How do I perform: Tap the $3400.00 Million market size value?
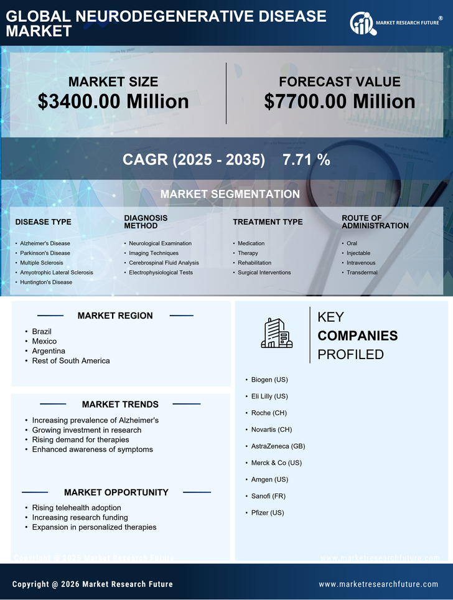coord(113,101)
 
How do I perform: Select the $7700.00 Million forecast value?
coord(339,101)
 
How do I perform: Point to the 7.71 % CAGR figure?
coord(306,159)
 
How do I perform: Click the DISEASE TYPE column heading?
coord(43,222)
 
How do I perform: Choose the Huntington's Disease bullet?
coord(45,282)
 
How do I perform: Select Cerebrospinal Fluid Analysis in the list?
coord(164,263)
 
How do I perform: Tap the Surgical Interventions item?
coord(264,272)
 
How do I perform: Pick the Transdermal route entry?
coord(362,272)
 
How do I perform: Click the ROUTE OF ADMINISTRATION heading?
coord(375,222)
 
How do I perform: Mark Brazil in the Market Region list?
coord(42,331)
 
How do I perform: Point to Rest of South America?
coord(71,360)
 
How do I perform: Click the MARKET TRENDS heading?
coord(120,404)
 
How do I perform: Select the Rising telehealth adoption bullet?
coord(77,507)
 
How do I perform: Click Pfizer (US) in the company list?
coord(268,512)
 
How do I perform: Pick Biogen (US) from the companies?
coord(269,379)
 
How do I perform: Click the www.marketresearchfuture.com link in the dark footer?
coord(378,584)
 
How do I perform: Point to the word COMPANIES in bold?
coord(357,336)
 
